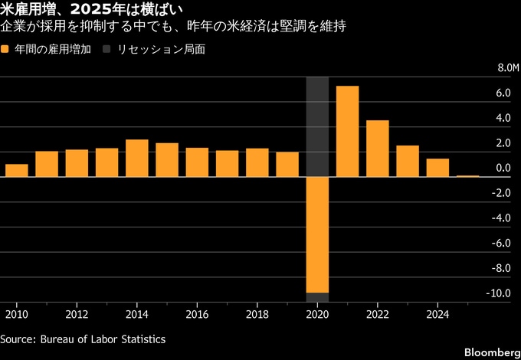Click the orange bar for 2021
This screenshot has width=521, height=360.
point(347,131)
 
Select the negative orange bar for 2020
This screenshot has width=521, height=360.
point(317,234)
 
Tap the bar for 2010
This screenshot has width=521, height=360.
point(16,170)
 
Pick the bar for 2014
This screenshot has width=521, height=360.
point(136,158)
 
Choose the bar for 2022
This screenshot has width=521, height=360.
point(377,149)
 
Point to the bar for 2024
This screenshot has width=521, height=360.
point(437,168)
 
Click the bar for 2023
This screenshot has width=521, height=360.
point(408,161)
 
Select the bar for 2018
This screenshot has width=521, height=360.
point(257,162)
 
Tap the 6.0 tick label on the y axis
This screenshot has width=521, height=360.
point(503,93)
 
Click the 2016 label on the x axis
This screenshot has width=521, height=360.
point(197,314)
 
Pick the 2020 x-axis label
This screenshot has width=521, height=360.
point(317,314)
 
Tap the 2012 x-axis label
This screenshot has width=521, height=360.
point(76,314)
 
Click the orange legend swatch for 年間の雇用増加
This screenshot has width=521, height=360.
point(5,48)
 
